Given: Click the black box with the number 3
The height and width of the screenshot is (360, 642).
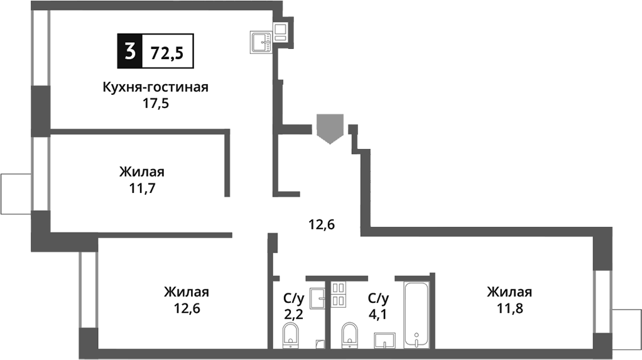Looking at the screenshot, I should [x=129, y=52].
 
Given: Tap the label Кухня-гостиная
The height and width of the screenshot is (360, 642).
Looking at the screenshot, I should [x=155, y=87].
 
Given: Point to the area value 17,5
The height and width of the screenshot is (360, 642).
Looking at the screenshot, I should [x=155, y=102].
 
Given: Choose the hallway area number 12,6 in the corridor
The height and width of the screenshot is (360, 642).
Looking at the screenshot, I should [x=322, y=222].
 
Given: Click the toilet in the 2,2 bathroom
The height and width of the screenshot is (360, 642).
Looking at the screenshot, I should [x=291, y=334].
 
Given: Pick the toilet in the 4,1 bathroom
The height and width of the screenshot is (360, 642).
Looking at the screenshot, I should [x=350, y=334].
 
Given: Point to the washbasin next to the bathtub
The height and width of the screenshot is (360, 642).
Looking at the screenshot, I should [x=384, y=340].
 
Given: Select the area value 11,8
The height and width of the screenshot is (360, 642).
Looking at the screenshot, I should [x=509, y=308].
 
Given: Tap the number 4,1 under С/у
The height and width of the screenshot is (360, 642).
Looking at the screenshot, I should [x=378, y=314].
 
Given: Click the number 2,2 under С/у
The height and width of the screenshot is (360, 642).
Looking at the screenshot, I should [x=294, y=314].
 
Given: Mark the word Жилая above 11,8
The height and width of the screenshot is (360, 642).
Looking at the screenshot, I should [x=509, y=292].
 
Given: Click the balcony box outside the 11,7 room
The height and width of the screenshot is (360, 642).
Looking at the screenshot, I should [x=16, y=193].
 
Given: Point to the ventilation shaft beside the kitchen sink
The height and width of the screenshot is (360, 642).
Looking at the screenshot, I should [x=281, y=31].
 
